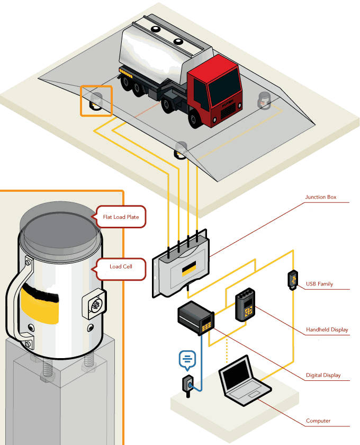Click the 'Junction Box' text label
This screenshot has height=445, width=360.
[320, 198]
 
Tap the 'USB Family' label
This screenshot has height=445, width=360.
[319, 284]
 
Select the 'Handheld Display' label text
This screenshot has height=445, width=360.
[327, 330]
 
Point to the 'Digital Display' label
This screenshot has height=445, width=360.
[323, 375]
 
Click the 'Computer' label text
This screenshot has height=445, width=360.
[318, 421]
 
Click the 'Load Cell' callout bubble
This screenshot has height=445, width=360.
[121, 268]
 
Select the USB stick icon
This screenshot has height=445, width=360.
[292, 280]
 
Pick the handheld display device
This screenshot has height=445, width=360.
[245, 306]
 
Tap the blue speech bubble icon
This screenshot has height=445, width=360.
[186, 360]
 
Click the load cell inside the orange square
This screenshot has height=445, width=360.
[96, 101]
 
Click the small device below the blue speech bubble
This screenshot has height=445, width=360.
[188, 386]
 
